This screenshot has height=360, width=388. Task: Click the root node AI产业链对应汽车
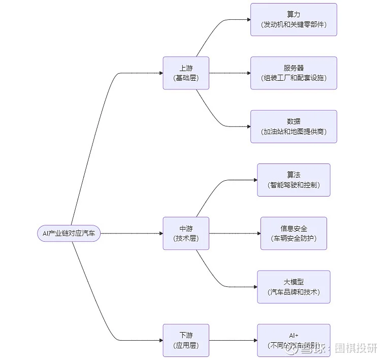(69, 234)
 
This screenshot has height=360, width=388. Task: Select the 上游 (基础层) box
(185, 73)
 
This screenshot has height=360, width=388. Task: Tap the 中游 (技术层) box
(185, 234)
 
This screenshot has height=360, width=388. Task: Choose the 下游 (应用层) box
(185, 340)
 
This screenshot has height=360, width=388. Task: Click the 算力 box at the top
(294, 19)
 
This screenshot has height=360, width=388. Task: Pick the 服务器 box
(294, 73)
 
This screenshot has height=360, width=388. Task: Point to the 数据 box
(294, 126)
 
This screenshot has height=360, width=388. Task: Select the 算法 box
(294, 180)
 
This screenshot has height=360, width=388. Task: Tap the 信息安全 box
(294, 234)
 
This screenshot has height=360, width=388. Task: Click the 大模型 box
(294, 287)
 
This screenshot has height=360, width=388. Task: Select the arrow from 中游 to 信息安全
(235, 234)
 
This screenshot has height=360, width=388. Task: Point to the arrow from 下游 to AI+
(233, 340)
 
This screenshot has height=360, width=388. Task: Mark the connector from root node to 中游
(132, 234)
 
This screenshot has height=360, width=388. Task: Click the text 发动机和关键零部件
(294, 24)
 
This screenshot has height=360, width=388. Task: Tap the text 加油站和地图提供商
(294, 132)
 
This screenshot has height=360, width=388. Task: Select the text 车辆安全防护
(294, 238)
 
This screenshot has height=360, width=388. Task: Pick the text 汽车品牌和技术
(294, 292)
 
